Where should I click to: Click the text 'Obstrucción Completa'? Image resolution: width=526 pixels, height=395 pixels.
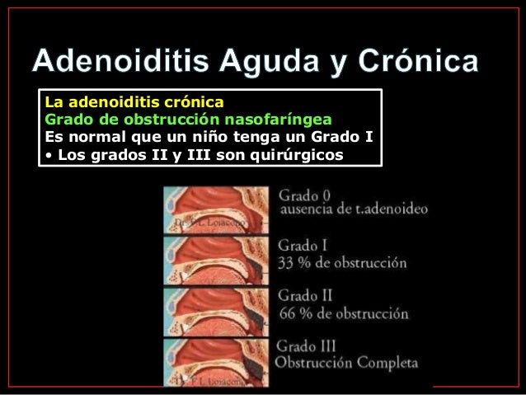coord(347,362)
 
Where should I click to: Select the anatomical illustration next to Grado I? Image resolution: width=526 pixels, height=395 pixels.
coord(216,260)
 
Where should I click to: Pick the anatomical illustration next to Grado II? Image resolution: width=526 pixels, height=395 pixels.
coord(216,308)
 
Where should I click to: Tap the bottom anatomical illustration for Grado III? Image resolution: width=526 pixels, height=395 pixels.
coord(216,360)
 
